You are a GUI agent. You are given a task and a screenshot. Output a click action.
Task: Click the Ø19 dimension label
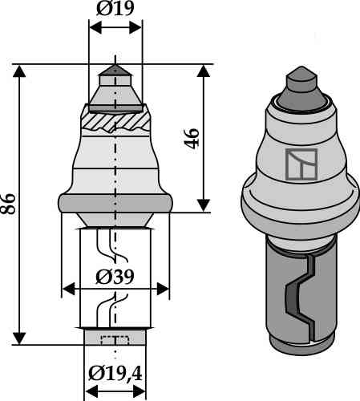pyautogui.click(x=115, y=9)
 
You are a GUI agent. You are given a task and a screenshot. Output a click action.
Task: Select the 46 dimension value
pyautogui.click(x=192, y=138)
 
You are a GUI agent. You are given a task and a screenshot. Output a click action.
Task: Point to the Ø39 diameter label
pyautogui.click(x=115, y=277)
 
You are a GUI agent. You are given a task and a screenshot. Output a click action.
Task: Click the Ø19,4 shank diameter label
pyautogui.click(x=115, y=374)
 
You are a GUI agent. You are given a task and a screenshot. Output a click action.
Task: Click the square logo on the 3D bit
pyautogui.click(x=301, y=164)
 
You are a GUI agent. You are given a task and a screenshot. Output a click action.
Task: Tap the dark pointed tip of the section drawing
pyautogui.click(x=115, y=71)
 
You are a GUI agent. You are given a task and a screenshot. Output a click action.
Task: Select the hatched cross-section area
pyautogui.click(x=115, y=122)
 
